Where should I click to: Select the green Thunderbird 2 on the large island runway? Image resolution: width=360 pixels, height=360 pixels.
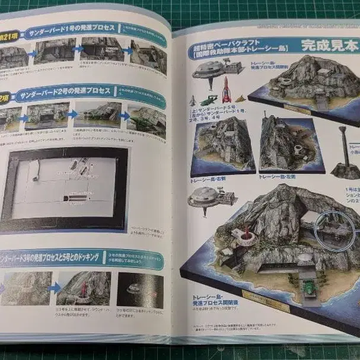coord(308,291)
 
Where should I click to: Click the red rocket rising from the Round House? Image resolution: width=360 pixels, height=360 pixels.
coord(243,232)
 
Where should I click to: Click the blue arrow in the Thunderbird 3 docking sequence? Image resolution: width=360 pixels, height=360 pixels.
coord(55,288)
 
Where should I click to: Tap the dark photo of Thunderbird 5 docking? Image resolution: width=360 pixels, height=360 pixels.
coord(140,290)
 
